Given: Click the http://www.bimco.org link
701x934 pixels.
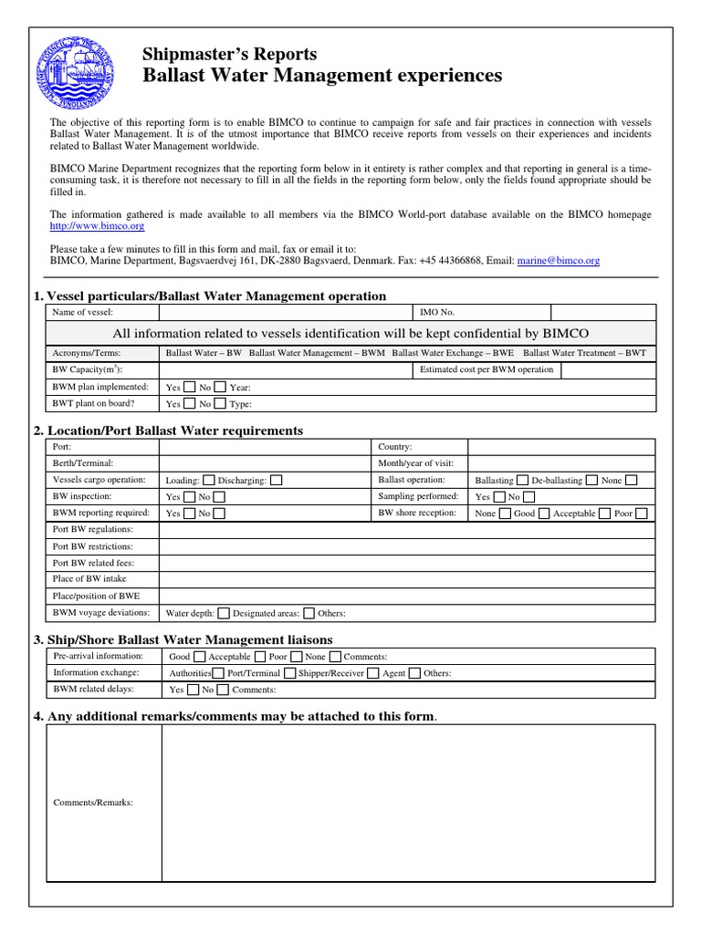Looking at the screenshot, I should [x=97, y=225].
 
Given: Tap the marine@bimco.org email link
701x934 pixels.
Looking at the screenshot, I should [x=558, y=260].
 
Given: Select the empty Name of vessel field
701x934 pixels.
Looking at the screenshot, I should [x=286, y=312].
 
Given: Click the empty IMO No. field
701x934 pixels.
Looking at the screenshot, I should [x=602, y=312].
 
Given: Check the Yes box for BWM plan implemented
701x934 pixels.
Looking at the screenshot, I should [x=189, y=387].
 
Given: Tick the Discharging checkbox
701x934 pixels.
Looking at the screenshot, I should [x=277, y=480].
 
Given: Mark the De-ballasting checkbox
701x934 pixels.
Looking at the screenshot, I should [x=591, y=480].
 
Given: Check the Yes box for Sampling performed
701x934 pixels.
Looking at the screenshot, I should [x=497, y=497].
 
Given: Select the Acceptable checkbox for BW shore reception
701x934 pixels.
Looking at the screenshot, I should [x=603, y=514].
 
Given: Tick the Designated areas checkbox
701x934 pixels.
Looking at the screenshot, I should [x=309, y=613].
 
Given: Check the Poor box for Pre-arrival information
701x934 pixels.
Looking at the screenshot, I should [x=296, y=657].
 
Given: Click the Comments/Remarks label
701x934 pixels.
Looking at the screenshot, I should [x=93, y=803].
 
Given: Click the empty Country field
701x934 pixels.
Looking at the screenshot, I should [x=560, y=447].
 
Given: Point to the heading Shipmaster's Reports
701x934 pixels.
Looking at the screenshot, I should [x=230, y=54].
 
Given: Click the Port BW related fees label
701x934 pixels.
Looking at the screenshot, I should [x=93, y=563].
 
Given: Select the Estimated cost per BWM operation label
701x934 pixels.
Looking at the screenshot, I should [x=486, y=369].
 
